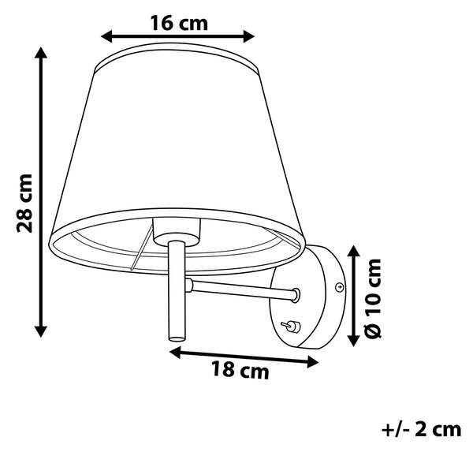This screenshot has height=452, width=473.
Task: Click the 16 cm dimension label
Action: (x=179, y=23)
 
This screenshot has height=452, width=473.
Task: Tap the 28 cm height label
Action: (x=24, y=203)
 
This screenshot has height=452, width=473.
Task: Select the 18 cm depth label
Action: (x=240, y=370)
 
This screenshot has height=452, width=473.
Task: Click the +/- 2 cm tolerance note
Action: (x=422, y=429)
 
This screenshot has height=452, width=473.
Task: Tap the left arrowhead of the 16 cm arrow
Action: (x=106, y=36)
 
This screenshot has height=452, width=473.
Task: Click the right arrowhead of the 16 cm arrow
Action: (x=249, y=36)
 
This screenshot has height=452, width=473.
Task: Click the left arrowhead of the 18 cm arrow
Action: (x=175, y=353)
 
